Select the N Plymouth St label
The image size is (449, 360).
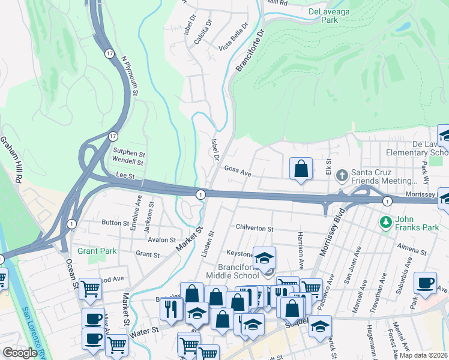coord(130,76)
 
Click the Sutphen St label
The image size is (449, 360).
coord(128,152)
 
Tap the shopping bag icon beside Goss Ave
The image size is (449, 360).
coord(301,169)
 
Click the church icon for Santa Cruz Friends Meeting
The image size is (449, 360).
coord(342,175)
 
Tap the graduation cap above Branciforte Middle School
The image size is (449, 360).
coord(264,258)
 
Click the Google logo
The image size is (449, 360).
coord(20,353)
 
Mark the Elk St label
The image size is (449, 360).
coord(328,165)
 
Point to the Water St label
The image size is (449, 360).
coord(145,330)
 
